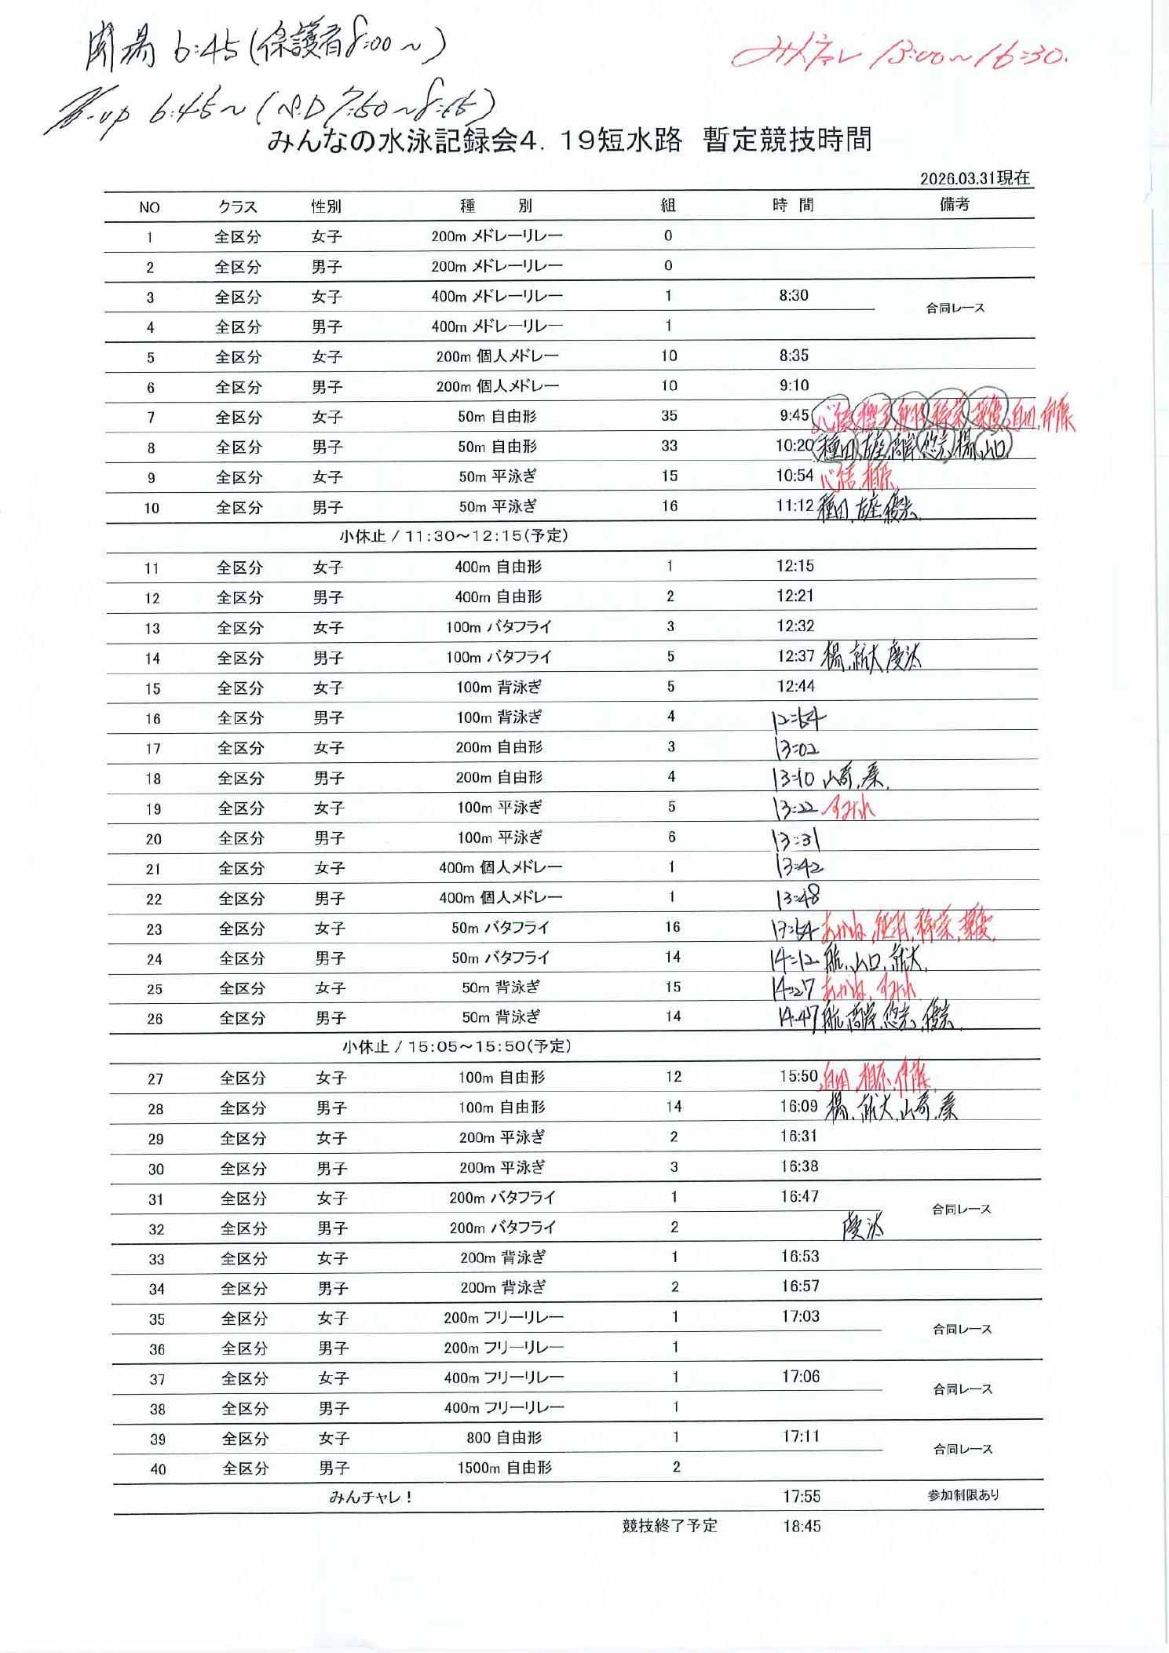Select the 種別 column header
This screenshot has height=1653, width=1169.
[495, 206]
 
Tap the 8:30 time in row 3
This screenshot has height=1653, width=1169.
[794, 296]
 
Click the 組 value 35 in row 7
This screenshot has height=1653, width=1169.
[669, 416]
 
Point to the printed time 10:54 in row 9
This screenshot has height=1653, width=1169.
[795, 476]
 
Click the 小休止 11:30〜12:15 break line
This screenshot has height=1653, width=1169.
[454, 536]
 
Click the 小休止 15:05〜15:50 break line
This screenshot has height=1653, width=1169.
[456, 1047]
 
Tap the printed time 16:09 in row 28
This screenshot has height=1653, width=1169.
[798, 1107]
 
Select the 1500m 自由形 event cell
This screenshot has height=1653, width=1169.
[504, 1468]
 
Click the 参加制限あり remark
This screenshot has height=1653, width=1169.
[963, 1496]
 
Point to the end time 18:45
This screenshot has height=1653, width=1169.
[802, 1527]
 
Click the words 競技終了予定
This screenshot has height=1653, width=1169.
[670, 1527]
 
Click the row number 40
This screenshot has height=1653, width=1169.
[158, 1469]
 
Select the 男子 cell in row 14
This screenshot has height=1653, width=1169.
[328, 659]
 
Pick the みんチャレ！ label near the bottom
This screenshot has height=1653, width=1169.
[371, 1498]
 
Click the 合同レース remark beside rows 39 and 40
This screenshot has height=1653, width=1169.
[963, 1450]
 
